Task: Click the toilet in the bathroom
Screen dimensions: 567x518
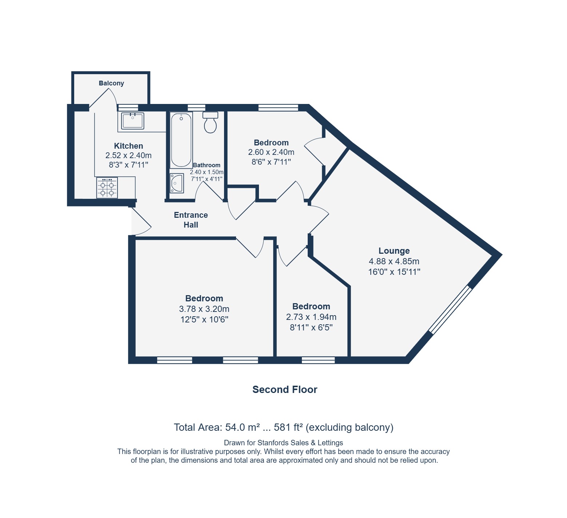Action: [210, 122]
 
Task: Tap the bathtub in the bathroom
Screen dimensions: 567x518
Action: [181, 140]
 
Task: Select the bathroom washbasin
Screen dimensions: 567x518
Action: [177, 183]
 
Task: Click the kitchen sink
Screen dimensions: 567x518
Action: [132, 121]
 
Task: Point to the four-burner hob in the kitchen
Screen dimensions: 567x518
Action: [107, 188]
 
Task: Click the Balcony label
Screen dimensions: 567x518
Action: [111, 83]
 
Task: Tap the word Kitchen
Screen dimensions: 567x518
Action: [128, 146]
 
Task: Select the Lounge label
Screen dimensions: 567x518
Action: [394, 251]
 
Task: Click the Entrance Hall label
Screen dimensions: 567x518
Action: [191, 220]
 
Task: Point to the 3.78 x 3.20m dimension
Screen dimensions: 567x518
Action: [204, 309]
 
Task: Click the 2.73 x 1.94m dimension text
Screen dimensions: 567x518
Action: [311, 317]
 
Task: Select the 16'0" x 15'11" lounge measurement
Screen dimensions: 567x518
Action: [394, 272]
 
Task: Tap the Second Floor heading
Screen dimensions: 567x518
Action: [285, 390]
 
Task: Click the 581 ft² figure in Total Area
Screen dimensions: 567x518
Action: [288, 427]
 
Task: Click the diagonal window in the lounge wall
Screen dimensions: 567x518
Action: [450, 310]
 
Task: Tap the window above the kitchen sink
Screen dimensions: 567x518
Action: [128, 108]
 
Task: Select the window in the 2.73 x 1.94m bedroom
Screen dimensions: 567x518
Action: [318, 360]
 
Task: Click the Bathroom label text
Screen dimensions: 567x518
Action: [207, 165]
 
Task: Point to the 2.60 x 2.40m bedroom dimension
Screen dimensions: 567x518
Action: [271, 152]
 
